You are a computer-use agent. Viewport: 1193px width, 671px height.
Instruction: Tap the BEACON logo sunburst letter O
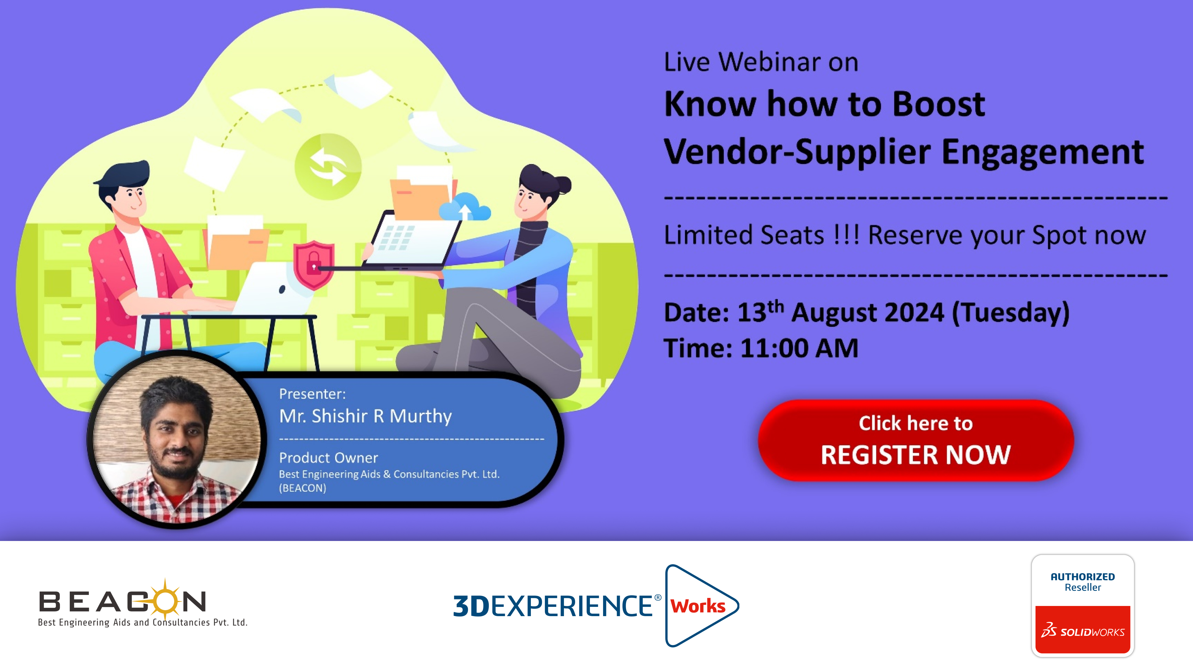tap(165, 600)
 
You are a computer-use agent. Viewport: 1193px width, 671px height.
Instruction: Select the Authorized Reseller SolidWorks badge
tap(1082, 605)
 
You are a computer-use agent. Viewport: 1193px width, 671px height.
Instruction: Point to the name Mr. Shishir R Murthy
tap(365, 416)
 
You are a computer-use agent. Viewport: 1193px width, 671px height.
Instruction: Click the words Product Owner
tap(328, 457)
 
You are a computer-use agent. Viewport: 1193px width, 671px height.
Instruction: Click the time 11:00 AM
tap(799, 348)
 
